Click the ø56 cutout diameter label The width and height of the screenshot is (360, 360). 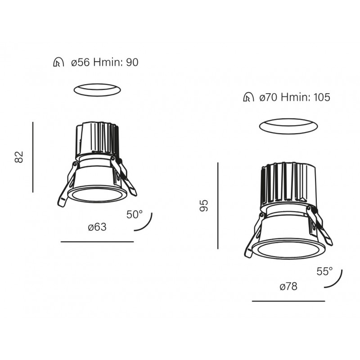click(81, 62)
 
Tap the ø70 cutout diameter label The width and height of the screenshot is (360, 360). click(269, 97)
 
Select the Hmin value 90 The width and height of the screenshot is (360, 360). click(132, 62)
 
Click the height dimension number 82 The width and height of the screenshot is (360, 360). click(19, 157)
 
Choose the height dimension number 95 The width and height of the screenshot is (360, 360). click(204, 206)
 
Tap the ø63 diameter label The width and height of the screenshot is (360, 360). click(97, 227)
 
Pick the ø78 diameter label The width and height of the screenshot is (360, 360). click(288, 287)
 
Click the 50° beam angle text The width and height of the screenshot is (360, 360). click(134, 215)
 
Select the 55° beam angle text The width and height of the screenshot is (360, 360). click(324, 272)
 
